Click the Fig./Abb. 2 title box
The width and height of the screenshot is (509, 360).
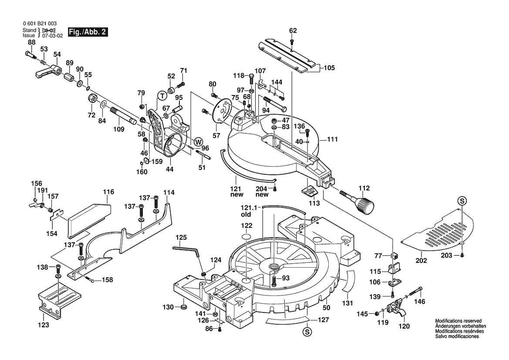pyautogui.click(x=87, y=33)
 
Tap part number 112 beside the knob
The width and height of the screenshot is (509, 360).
pyautogui.click(x=364, y=188)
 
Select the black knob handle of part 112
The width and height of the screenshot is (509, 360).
pyautogui.click(x=365, y=205)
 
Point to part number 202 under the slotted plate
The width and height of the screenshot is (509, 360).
pyautogui.click(x=421, y=261)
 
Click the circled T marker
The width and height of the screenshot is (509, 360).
pyautogui.click(x=162, y=95)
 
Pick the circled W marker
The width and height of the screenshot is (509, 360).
pyautogui.click(x=198, y=141)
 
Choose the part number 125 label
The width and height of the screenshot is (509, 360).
pyautogui.click(x=181, y=238)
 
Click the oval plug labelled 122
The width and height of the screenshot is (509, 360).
pyautogui.click(x=247, y=237)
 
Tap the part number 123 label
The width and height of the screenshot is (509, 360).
pyautogui.click(x=43, y=325)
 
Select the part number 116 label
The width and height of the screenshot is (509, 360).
pyautogui.click(x=108, y=192)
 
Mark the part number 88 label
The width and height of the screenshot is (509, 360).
pyautogui.click(x=32, y=42)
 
